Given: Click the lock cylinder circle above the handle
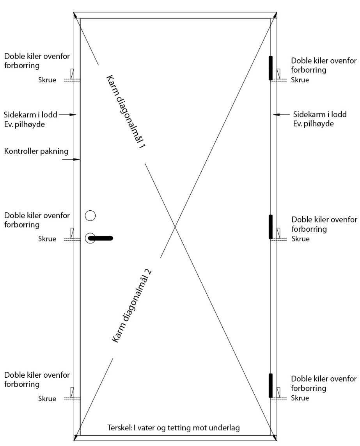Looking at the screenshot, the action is point(90,216).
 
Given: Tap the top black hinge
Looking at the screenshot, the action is point(271,68).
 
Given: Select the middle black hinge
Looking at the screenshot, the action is point(271,227).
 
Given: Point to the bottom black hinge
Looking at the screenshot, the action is point(271,386).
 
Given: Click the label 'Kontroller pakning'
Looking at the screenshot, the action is point(36,151).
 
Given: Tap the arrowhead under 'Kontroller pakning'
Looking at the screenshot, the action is point(77,160).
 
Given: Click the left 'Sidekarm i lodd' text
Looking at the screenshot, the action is point(30,115).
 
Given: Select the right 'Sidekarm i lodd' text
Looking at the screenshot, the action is point(320,114).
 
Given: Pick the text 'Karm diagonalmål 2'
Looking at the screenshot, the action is point(131,306).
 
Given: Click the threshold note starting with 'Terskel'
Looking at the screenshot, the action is point(174,428).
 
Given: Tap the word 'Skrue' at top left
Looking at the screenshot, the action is point(47,80).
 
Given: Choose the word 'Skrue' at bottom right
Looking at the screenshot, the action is point(300,398).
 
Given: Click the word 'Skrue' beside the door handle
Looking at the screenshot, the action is point(47,239).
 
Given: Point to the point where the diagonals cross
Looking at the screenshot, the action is point(174,227).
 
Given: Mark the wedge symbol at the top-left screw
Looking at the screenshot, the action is point(72,74).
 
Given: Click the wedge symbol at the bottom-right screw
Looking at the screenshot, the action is point(278,392).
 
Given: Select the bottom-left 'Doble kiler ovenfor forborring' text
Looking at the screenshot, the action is point(37,379).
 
